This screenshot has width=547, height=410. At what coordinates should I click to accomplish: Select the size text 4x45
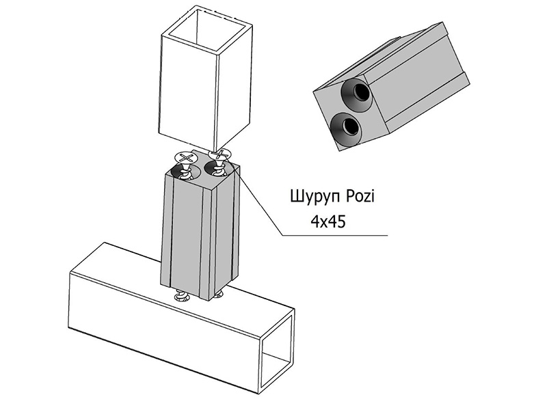(x=328, y=221)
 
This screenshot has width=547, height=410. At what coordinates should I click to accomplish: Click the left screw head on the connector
(x=186, y=157)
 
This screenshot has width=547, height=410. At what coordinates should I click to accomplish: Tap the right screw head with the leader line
(x=219, y=154)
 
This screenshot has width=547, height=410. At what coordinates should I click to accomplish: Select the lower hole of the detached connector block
(x=346, y=127)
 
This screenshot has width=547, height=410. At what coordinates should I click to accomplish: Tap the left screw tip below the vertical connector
(x=181, y=297)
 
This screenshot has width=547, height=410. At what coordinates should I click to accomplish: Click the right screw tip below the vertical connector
(x=219, y=295)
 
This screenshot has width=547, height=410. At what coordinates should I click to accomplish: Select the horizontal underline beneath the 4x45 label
(x=335, y=236)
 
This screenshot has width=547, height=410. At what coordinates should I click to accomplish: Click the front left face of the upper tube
(x=189, y=90)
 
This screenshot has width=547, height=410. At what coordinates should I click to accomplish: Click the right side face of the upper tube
(x=235, y=85)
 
